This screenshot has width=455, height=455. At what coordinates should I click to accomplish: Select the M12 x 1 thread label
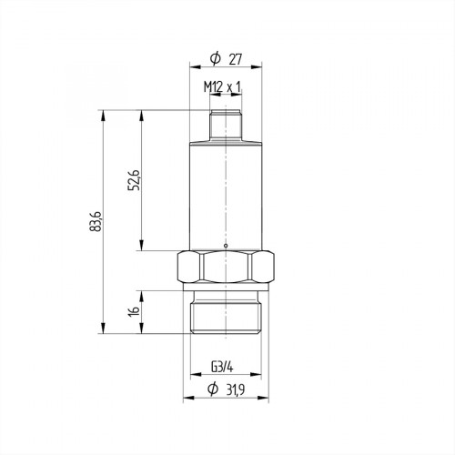pyautogui.click(x=223, y=86)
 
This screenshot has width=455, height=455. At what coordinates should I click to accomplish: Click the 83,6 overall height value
pyautogui.click(x=96, y=221)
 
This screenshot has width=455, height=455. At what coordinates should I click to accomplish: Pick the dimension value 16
pyautogui.click(x=134, y=311)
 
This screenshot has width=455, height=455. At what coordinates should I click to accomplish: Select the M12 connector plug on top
pyautogui.click(x=224, y=124)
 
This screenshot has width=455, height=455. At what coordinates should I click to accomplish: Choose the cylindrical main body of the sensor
pyautogui.click(x=224, y=196)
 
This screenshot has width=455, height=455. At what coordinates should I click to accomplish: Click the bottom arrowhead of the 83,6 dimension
pyautogui.click(x=104, y=334)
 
